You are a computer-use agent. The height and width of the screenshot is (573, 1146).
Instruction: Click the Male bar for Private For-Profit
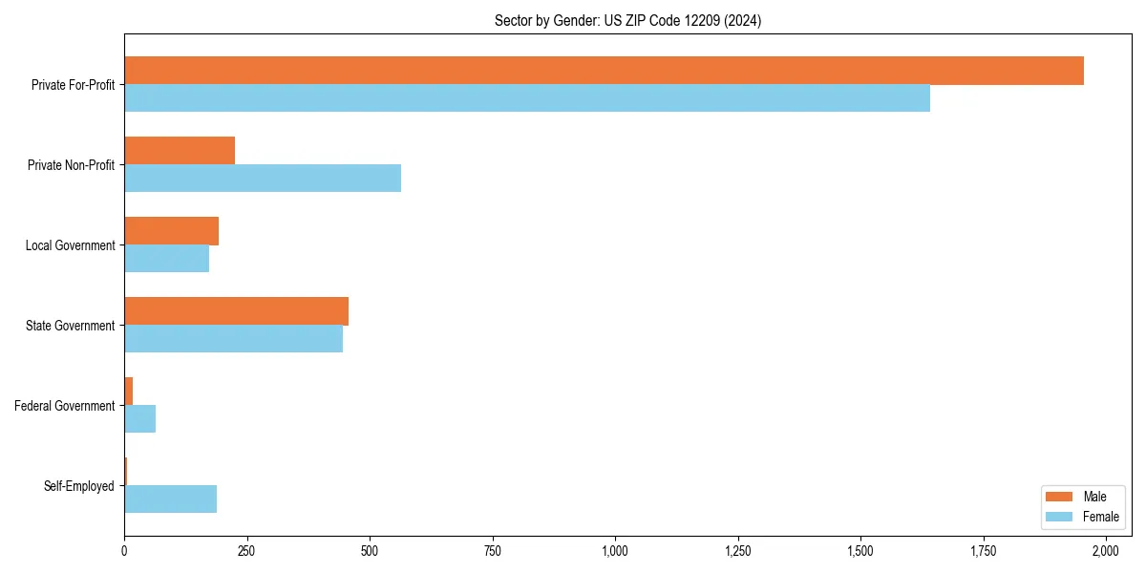604,71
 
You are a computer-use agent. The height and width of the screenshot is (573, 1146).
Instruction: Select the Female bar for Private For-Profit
527,98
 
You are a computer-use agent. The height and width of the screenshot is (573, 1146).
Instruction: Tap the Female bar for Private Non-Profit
263,179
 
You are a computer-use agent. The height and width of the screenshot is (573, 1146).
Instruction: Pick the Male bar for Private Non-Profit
180,151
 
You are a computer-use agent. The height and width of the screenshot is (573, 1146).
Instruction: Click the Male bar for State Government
236,311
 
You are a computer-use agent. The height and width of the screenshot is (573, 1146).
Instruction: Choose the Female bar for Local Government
166,259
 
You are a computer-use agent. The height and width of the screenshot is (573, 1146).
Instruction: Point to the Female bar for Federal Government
139,419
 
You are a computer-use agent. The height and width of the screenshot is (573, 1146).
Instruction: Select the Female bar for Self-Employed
170,499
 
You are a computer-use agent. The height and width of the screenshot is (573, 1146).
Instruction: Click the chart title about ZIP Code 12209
627,20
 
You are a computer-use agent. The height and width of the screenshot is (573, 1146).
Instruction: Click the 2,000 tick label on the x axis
1106,551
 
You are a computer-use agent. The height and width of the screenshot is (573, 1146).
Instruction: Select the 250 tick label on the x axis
246,551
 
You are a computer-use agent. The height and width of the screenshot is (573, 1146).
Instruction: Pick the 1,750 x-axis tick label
983,551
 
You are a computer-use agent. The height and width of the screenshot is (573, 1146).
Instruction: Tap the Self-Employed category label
79,486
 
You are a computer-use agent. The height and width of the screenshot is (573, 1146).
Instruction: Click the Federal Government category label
65,406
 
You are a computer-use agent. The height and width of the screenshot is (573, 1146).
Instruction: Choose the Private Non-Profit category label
72,165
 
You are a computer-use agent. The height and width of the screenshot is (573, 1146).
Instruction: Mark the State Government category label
71,326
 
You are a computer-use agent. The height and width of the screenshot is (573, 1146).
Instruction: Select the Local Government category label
71,245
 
